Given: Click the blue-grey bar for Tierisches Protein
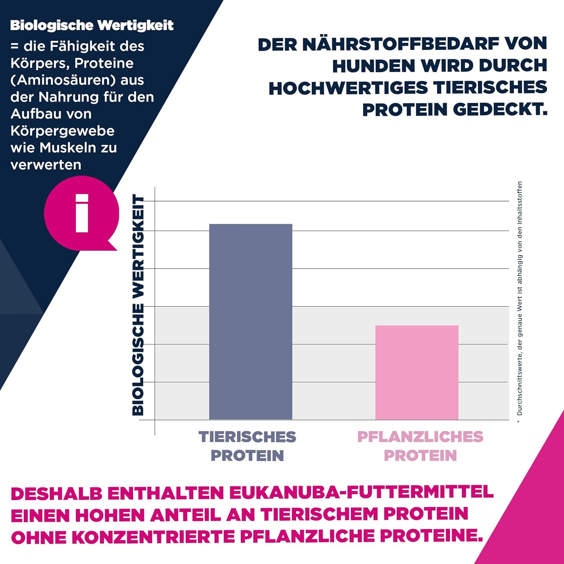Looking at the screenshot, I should point(250,321).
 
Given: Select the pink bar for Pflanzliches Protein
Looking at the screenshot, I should point(417,372).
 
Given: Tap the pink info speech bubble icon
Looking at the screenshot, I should point(82,213).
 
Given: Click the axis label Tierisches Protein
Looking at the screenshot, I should point(247,446).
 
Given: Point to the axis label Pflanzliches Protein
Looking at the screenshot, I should point(420,446).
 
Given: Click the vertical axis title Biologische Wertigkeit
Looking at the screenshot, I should point(138,305).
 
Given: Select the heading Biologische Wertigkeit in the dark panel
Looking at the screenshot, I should point(92,26).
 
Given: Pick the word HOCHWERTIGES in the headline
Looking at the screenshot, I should point(348,88).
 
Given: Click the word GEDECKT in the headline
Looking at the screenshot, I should point(500,110).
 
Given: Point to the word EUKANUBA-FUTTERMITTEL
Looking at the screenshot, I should point(361,493).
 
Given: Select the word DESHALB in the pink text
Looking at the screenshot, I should point(56,493).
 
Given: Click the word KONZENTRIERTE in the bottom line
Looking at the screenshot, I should point(153,537).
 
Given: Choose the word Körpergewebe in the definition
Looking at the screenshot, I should point(62,131).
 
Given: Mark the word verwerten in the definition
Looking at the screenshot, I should point(46,165).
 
